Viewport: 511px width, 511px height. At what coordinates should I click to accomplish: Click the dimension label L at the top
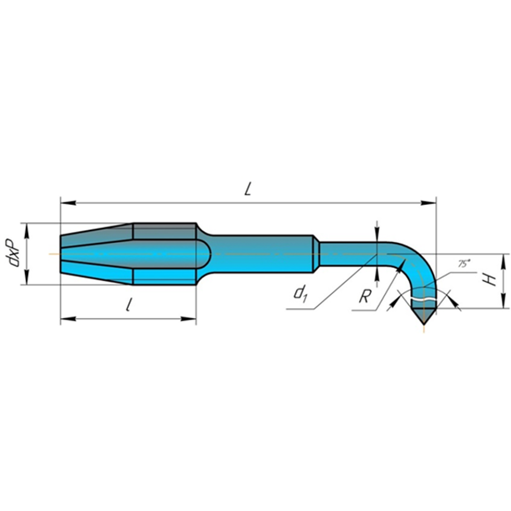tap(248, 189)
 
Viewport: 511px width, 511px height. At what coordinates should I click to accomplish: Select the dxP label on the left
tap(14, 253)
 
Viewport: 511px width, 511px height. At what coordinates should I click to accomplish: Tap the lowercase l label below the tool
tap(129, 305)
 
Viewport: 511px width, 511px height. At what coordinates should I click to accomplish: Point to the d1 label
tap(300, 293)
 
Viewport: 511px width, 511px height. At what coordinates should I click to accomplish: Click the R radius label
tap(366, 297)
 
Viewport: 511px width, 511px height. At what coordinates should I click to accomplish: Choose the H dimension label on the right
tap(490, 280)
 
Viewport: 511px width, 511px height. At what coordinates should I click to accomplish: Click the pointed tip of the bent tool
tap(424, 324)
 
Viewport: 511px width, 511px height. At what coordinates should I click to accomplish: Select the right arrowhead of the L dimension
tap(428, 203)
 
